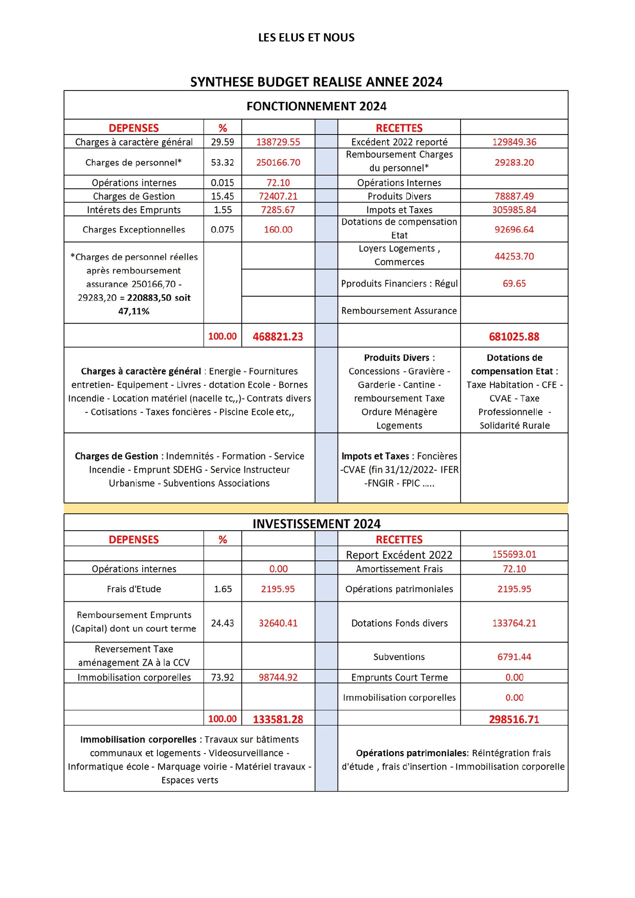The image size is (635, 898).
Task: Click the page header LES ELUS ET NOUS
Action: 306,37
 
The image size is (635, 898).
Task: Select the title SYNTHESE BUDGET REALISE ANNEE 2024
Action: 316,82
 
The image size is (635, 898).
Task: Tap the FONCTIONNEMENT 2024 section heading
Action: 316,106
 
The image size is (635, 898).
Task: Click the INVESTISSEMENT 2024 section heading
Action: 316,523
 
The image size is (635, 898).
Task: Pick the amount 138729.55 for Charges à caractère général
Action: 278,142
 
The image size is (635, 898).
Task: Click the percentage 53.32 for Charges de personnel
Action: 222,162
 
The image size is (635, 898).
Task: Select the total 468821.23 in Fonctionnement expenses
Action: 278,336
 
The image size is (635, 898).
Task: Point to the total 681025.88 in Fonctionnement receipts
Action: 514,336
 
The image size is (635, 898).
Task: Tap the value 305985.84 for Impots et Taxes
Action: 514,210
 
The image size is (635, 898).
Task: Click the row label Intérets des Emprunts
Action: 134,210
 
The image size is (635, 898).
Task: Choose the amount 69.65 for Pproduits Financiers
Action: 514,283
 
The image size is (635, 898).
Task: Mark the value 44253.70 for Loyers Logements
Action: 514,256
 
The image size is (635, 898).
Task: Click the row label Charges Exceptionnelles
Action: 134,230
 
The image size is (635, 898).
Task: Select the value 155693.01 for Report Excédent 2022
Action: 514,554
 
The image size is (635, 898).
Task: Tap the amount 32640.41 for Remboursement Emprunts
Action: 278,623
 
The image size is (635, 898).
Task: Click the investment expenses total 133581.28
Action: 278,719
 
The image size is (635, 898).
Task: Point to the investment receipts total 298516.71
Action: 514,719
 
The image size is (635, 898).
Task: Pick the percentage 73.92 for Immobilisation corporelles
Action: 222,677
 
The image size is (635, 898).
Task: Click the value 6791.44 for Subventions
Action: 514,656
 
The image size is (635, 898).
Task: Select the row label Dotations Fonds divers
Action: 399,623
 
